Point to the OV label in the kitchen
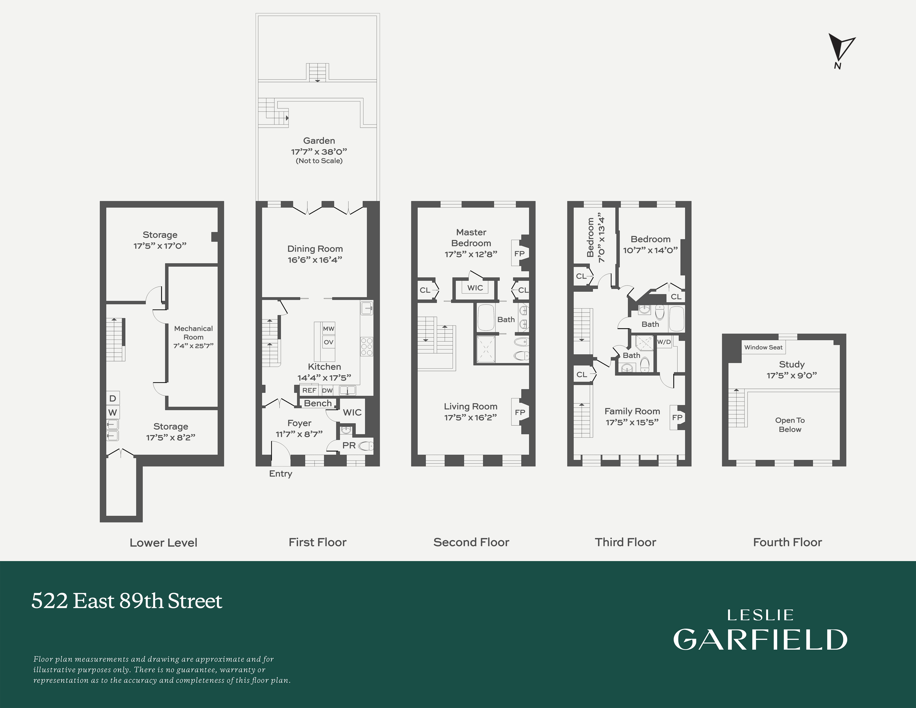coord(328,342)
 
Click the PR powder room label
coord(349,445)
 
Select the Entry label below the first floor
coord(281,474)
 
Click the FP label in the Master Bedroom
coord(519,253)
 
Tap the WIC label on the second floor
coord(475,288)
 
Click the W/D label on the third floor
coord(664,342)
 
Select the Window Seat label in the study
coord(763,347)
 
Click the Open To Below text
coord(790,424)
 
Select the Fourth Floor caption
coord(787,542)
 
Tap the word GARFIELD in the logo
coord(760,640)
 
